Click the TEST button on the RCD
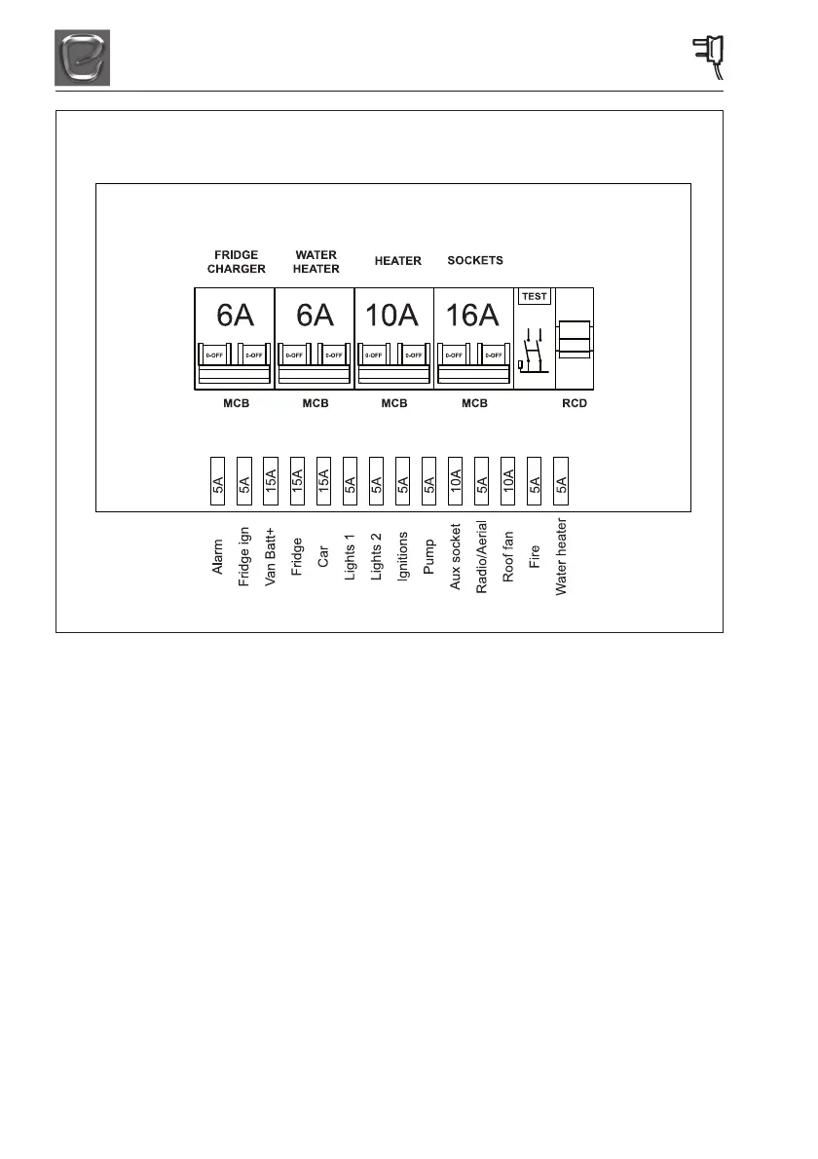coord(535,296)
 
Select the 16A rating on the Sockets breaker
coord(472,316)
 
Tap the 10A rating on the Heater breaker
coord(392,316)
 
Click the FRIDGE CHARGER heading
coord(236,262)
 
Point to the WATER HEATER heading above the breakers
coord(316,262)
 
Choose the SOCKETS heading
coord(475,261)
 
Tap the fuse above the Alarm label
coord(218,480)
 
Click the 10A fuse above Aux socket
coord(455,480)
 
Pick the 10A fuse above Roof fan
coord(507,480)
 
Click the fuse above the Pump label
coord(428,480)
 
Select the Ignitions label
coord(402,557)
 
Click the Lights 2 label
coord(376,556)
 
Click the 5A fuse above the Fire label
coord(534,480)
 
